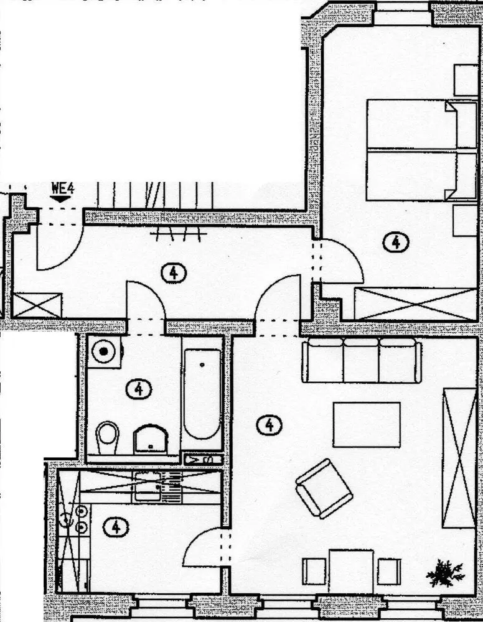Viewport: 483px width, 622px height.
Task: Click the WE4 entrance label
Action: pos(62,188)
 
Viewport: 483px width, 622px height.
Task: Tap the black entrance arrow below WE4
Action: pos(60,198)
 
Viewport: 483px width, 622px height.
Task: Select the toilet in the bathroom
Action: pos(108,434)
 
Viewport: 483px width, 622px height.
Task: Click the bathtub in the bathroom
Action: pos(202,393)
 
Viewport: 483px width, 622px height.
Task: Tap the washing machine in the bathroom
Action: pos(103,353)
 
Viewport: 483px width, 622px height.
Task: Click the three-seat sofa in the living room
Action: pos(362,360)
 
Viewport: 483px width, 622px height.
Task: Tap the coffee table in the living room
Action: pos(366,424)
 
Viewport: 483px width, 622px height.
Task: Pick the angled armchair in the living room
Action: pos(324,488)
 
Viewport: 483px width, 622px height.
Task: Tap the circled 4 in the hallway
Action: pos(173,272)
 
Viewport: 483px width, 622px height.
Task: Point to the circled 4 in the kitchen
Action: pos(116,527)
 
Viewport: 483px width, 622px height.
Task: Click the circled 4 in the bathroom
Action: pos(138,389)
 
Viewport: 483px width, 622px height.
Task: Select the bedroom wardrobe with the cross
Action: pos(415,304)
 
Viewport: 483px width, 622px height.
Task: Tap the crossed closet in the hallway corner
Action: pos(37,305)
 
